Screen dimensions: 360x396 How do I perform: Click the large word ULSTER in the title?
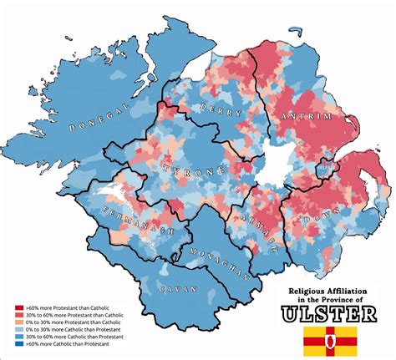[332, 313]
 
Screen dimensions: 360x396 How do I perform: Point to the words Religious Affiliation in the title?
[332, 290]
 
